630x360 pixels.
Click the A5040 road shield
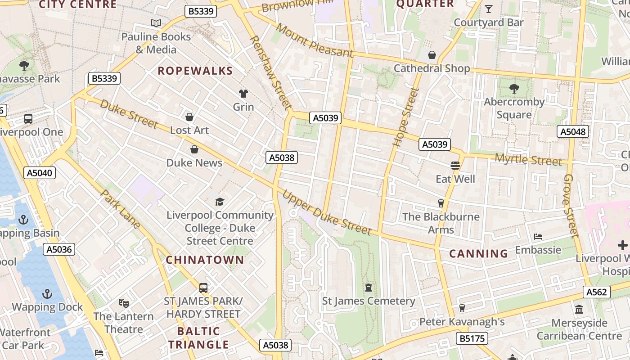pos(40,173)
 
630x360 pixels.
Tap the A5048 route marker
pos(572,131)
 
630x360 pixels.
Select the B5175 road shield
pos(472,338)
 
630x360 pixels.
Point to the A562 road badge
pos(597,292)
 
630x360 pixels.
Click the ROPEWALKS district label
pos(195,71)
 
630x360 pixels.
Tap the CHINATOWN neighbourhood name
pos(205,260)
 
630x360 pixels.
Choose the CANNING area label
pos(478,254)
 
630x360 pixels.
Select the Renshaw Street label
pos(270,72)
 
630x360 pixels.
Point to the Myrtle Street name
pos(528,160)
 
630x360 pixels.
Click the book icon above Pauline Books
pos(156,23)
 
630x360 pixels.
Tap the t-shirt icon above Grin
pos(243,93)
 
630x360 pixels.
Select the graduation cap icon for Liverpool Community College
pos(220,202)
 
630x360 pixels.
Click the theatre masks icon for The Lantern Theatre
pos(123,303)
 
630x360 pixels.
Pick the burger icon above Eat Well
pos(455,166)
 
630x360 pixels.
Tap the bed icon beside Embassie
pos(538,237)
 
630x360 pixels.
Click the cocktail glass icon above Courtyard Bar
pos(488,9)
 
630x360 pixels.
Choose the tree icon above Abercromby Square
pos(514,88)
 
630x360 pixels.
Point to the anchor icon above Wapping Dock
pos(47,294)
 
